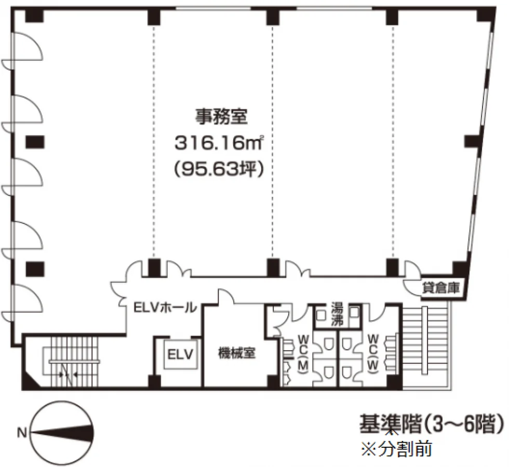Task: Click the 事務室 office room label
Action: point(221,116)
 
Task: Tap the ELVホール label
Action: point(165,308)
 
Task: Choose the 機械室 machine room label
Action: point(237,353)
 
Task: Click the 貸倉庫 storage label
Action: point(440,288)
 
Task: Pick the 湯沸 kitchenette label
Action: point(337,314)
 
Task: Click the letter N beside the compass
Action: point(22,433)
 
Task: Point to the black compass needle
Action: point(62,433)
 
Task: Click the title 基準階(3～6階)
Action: point(432,423)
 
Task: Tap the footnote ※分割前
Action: point(397,449)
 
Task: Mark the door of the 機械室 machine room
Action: point(225,296)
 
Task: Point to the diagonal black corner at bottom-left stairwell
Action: point(31,379)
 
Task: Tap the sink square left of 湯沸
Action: point(321,314)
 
